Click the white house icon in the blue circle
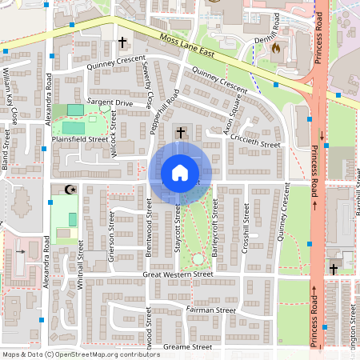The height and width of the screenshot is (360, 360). point(180,173)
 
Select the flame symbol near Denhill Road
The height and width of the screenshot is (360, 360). point(276,48)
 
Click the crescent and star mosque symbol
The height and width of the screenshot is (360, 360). point(68,190)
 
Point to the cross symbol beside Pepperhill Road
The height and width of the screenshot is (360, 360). point(181,132)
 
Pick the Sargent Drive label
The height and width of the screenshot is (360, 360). point(110,103)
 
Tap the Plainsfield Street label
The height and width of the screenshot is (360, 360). point(80,138)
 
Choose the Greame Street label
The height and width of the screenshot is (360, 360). point(186,347)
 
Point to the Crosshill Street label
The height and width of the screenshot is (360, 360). point(245,230)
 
